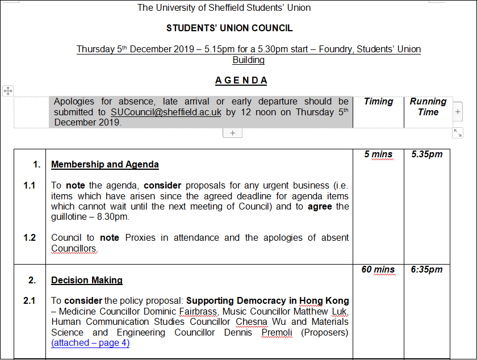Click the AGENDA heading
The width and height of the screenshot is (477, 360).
(241, 80)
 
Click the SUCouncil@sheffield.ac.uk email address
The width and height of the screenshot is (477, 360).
(166, 112)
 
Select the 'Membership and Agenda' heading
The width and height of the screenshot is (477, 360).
(104, 165)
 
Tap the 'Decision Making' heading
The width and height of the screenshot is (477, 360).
(86, 280)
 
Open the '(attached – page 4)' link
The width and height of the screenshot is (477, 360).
(90, 342)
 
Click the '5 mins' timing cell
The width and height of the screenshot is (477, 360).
(378, 154)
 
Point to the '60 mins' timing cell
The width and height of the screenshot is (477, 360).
(378, 269)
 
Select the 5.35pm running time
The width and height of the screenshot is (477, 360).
(427, 154)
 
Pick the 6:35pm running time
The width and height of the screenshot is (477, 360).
(427, 269)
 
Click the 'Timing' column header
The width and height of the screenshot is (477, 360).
(378, 101)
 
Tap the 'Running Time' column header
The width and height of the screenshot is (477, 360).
(428, 106)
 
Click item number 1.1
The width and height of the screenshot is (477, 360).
(30, 185)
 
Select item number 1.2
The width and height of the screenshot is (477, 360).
(30, 237)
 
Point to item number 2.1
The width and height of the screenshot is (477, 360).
(30, 300)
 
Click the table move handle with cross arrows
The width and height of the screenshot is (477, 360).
(8, 91)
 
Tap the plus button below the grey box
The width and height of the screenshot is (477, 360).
(232, 133)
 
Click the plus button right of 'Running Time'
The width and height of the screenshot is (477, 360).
(458, 112)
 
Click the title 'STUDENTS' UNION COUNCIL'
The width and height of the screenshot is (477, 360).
(229, 28)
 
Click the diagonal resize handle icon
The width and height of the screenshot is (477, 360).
(458, 133)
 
